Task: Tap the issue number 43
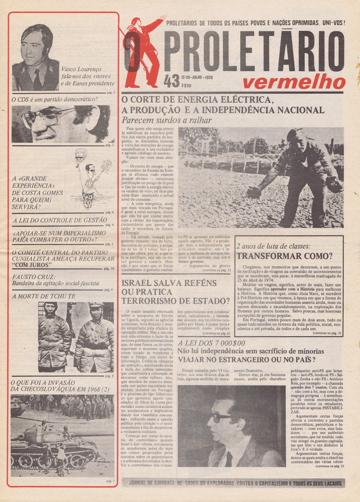coord(172,81)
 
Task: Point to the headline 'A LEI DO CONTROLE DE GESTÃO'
coord(59,220)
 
